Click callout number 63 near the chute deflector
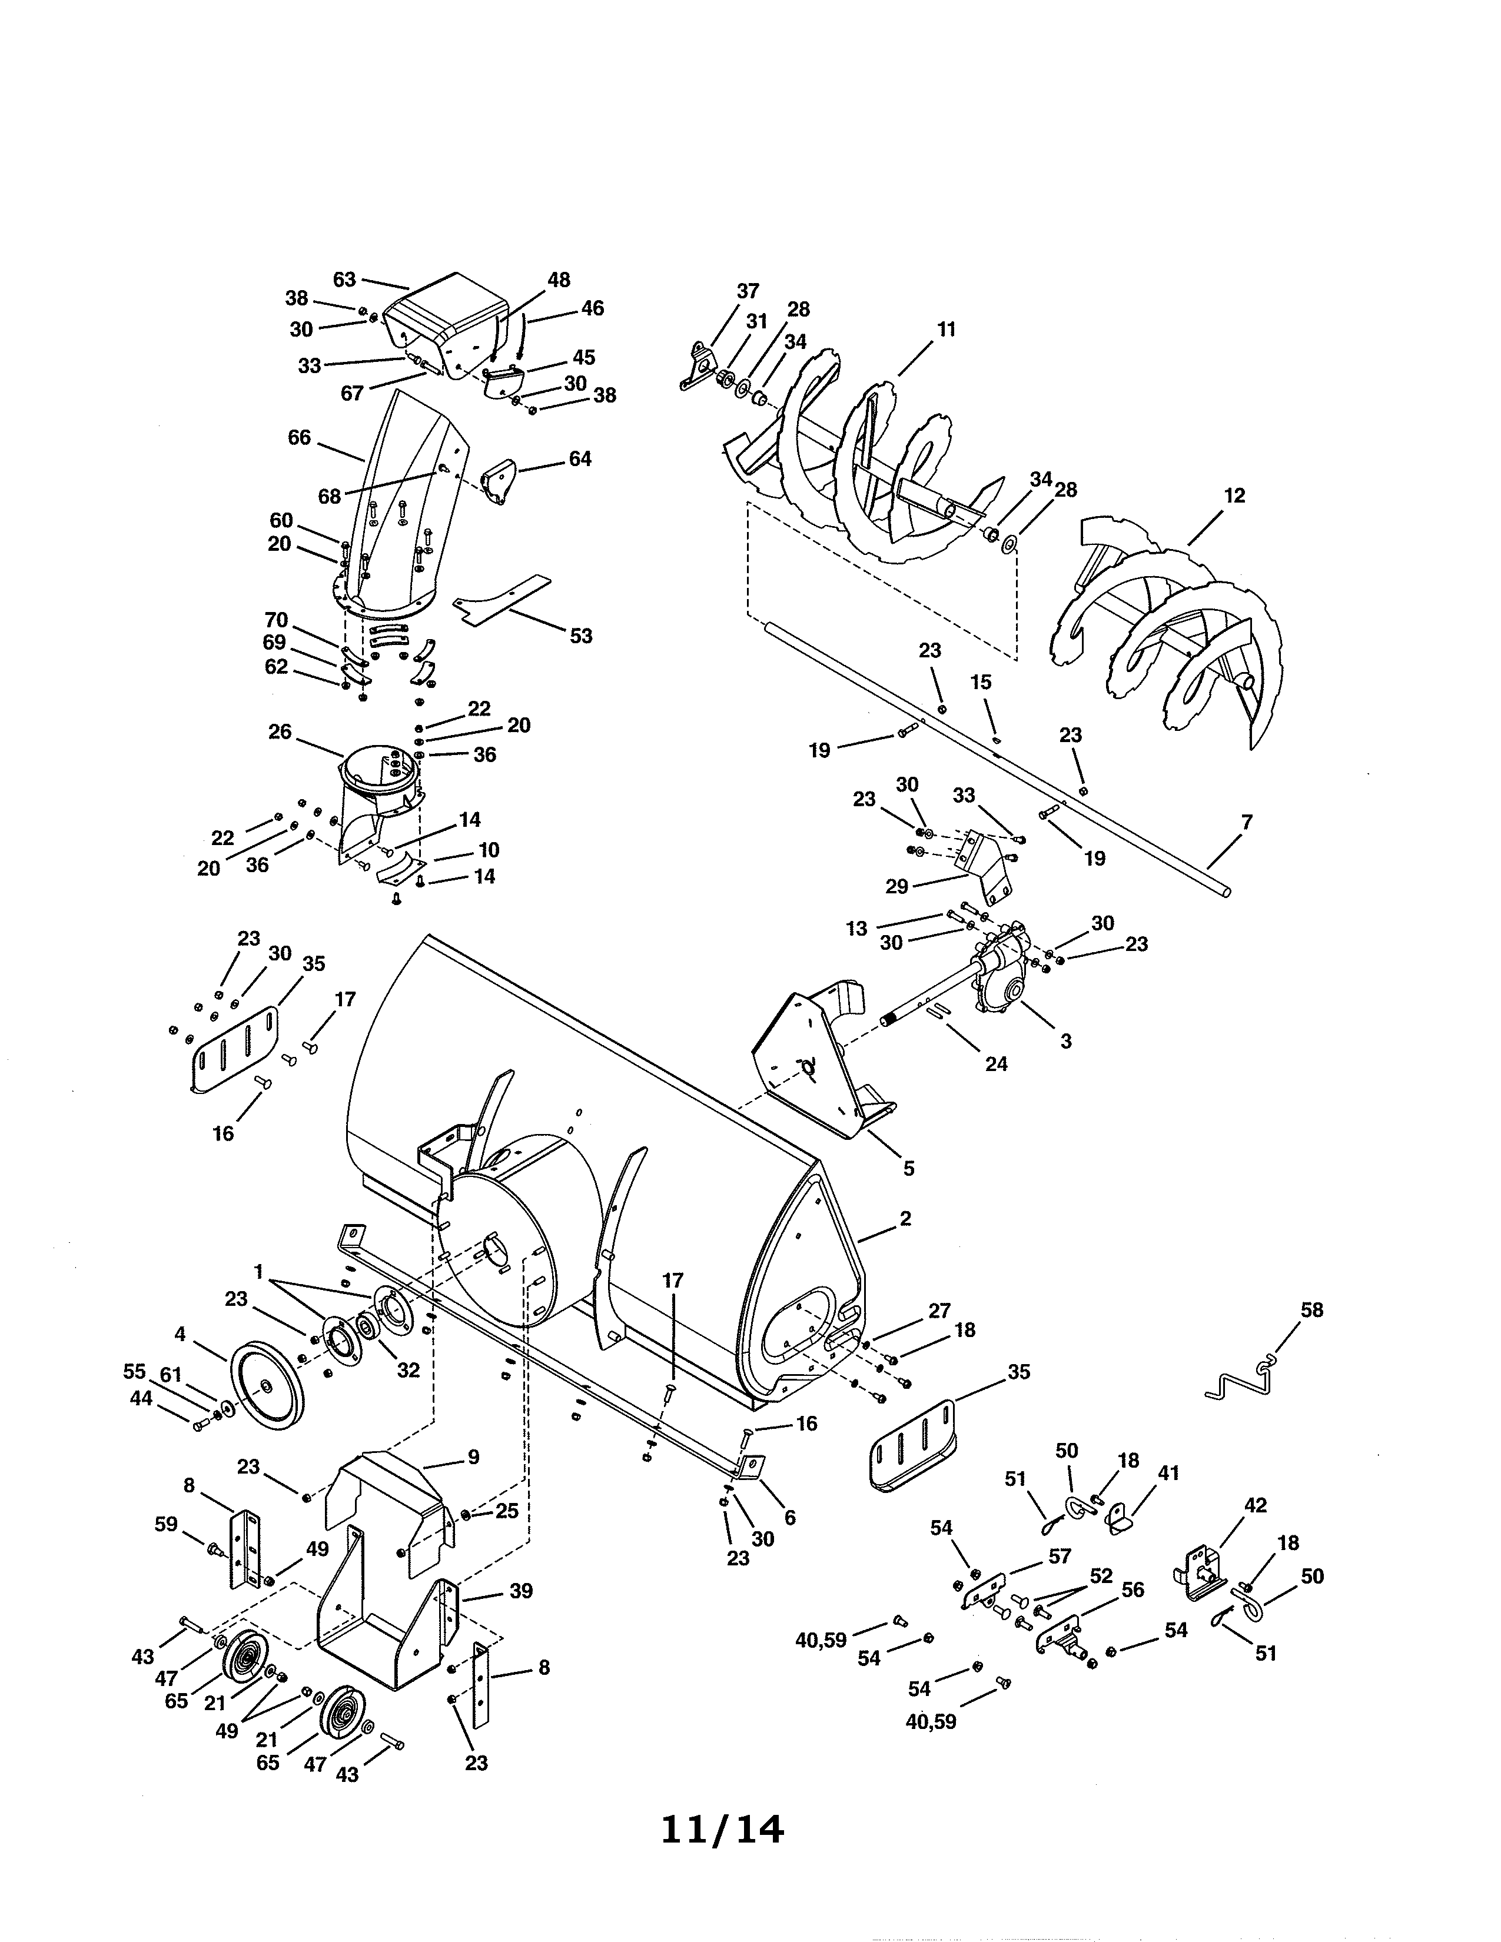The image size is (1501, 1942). (344, 279)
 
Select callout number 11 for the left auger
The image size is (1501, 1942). (946, 329)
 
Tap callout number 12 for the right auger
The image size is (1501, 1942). (1234, 496)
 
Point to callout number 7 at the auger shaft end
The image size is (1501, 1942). (1247, 823)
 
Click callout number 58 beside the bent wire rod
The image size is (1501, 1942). (1311, 1310)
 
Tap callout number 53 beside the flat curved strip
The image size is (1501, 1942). (580, 636)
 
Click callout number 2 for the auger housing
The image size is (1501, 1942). (905, 1218)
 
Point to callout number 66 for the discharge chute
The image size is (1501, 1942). (300, 437)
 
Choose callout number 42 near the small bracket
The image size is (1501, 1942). (1256, 1505)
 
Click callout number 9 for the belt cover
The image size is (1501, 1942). (473, 1456)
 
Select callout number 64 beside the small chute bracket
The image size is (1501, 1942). (580, 459)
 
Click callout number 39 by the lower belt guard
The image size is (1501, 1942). (521, 1591)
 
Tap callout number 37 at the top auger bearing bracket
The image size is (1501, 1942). (748, 291)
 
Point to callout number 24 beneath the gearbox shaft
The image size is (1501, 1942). (996, 1063)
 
